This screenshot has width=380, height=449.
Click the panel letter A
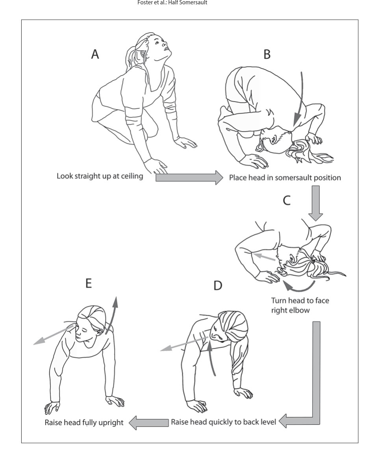(95, 54)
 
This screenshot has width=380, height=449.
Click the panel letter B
(267, 54)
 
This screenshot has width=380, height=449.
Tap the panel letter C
(287, 200)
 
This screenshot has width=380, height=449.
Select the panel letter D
(218, 286)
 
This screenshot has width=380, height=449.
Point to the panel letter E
(89, 283)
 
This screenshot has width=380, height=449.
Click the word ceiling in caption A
(130, 176)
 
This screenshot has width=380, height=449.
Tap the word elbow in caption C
(300, 310)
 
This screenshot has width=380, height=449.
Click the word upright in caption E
(110, 423)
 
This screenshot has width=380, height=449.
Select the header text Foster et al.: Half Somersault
(172, 3)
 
